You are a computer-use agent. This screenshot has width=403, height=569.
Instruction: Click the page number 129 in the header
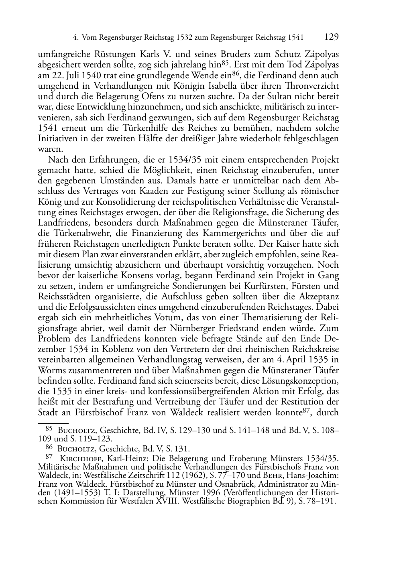click(332, 37)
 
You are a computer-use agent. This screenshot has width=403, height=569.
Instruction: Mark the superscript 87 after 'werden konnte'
click(307, 411)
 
